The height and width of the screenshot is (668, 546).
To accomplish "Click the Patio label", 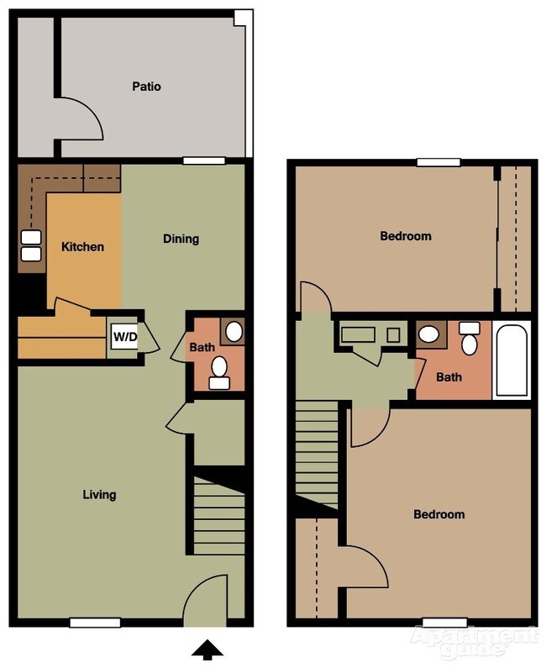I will (146, 86).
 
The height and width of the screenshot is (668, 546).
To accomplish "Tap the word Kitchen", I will (83, 247).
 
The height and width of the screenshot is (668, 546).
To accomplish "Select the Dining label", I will (181, 239).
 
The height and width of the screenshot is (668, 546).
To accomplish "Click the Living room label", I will (99, 494).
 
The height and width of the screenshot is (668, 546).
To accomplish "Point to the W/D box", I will (125, 338).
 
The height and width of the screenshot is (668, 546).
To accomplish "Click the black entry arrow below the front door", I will (207, 649).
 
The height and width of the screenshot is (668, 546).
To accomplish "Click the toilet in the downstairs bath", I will (220, 371).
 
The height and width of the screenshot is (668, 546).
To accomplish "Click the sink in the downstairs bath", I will (233, 330).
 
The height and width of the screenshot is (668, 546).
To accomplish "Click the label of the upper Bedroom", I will (406, 236).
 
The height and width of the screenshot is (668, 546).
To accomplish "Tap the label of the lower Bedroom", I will (438, 514).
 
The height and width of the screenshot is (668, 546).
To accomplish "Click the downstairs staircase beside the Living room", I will (219, 513).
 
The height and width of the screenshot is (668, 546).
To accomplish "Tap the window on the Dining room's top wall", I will (204, 160).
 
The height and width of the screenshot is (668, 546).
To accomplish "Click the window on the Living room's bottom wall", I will (95, 623).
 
